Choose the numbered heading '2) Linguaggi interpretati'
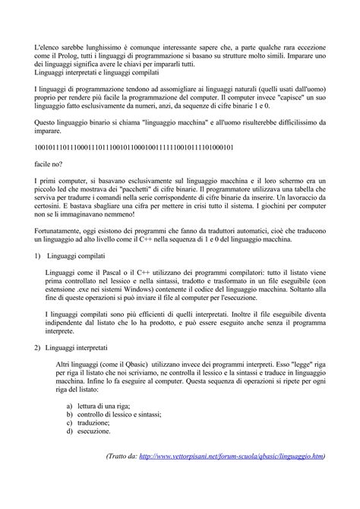[79, 348]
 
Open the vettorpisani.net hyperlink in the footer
[232, 457]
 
